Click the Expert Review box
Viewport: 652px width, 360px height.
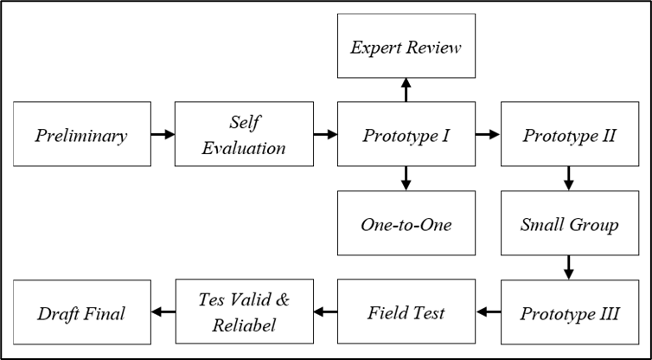click(x=406, y=46)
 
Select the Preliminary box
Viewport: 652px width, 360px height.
click(x=81, y=134)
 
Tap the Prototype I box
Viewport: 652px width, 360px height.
click(x=406, y=134)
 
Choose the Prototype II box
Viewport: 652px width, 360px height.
click(x=570, y=134)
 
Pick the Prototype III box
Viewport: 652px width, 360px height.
click(x=570, y=312)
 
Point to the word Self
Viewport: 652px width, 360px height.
click(x=244, y=122)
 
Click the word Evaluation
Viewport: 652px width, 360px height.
click(x=244, y=147)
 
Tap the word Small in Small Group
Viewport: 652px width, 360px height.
click(x=542, y=224)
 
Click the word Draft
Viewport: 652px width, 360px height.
click(x=57, y=313)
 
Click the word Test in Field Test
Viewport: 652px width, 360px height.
click(x=431, y=313)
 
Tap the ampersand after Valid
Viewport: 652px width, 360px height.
click(x=280, y=299)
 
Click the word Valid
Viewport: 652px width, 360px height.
click(x=247, y=299)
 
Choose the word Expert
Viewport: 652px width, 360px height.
click(x=375, y=47)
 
